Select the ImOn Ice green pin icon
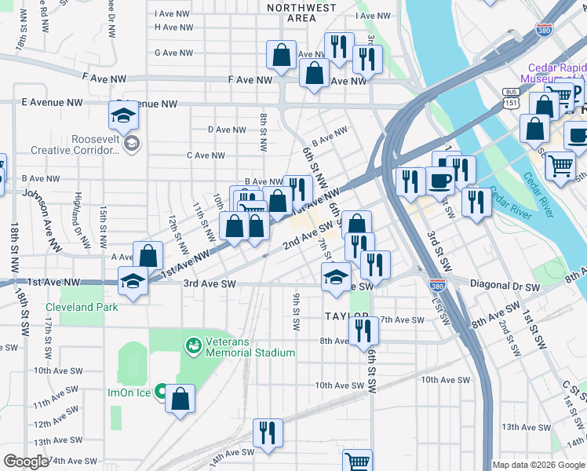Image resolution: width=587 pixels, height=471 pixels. coord(161,390)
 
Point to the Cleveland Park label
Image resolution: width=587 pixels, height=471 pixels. coord(82,307)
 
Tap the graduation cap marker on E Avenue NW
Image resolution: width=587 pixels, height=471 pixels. coord(123,115)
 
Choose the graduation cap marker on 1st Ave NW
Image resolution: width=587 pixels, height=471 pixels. coord(133,281)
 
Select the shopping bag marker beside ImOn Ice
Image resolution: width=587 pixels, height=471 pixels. coord(180,398)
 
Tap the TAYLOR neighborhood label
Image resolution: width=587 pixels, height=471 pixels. coord(347,316)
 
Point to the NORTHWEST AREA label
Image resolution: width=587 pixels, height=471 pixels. coord(301,13)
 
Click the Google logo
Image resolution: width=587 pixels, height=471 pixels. coord(27,461)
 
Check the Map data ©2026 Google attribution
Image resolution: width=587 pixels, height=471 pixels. coord(538,465)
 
